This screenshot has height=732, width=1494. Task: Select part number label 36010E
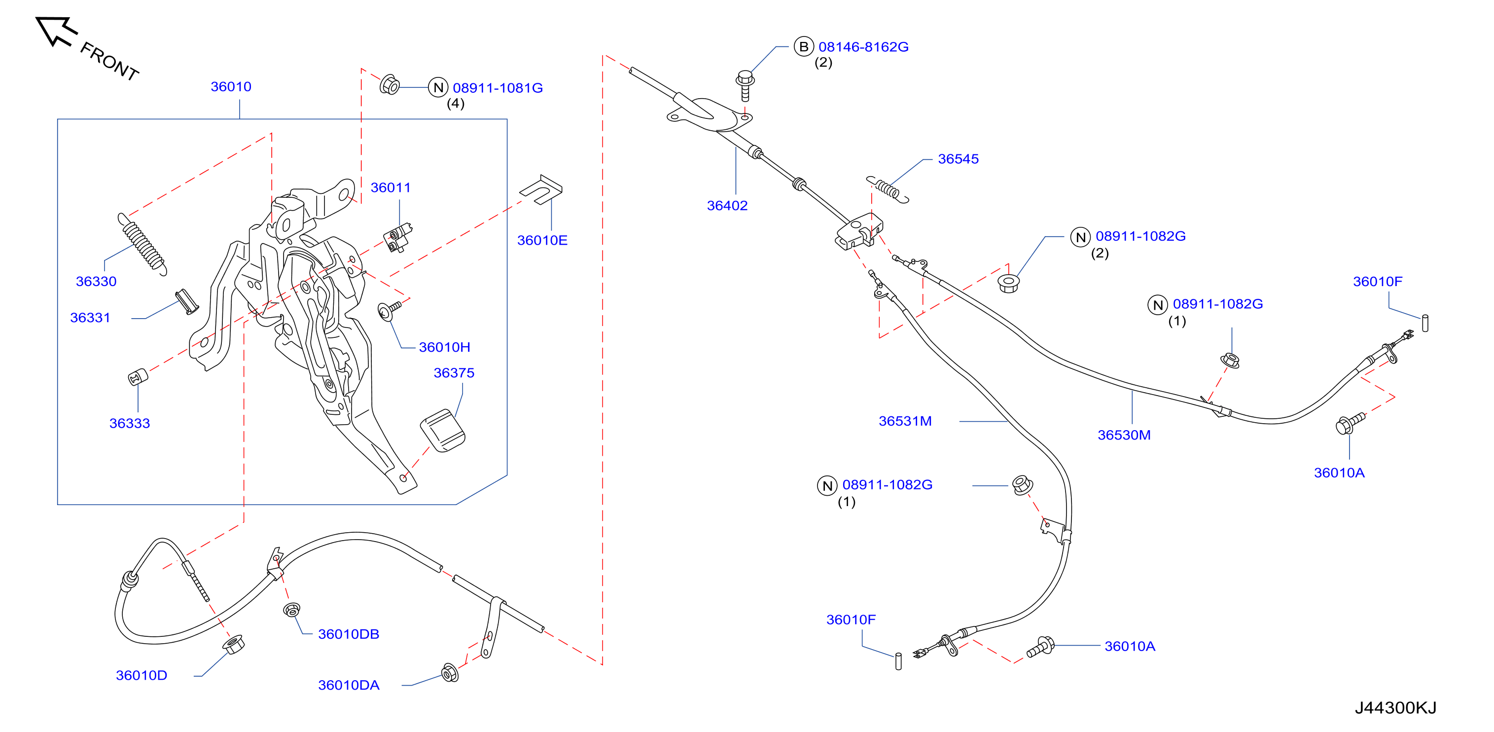542,240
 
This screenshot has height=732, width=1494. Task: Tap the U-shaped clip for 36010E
541,189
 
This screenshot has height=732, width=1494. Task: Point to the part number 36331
90,318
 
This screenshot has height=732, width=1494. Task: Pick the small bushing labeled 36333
138,376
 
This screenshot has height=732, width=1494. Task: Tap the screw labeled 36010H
389,310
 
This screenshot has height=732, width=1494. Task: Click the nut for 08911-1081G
390,85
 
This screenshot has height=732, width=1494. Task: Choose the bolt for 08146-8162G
745,86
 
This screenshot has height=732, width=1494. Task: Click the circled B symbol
803,47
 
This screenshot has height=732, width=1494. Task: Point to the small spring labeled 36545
888,189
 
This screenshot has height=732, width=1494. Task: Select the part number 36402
727,205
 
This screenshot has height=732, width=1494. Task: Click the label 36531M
905,421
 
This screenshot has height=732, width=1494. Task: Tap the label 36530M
1124,435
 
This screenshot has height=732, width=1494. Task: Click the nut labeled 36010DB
292,610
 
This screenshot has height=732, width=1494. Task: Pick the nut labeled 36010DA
450,673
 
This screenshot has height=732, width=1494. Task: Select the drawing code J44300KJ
1395,708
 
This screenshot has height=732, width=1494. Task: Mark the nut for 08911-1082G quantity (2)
1008,284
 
